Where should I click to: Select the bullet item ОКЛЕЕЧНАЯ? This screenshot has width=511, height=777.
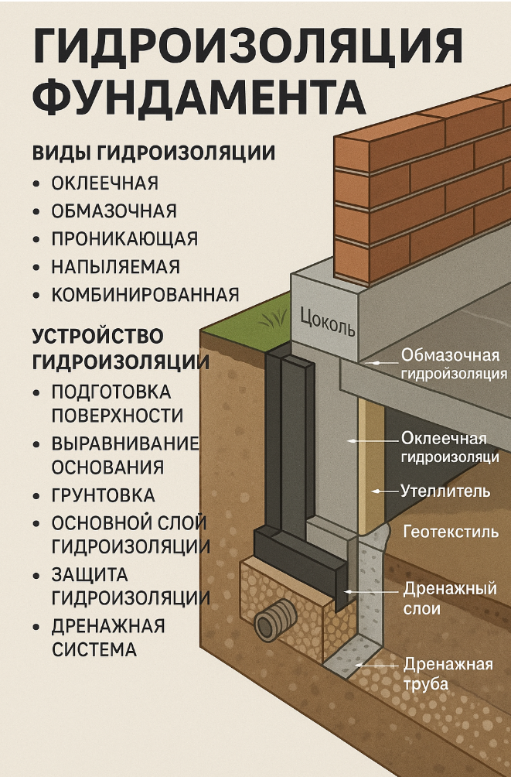click(x=104, y=183)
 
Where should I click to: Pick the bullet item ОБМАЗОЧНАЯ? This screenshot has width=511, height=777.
click(x=114, y=211)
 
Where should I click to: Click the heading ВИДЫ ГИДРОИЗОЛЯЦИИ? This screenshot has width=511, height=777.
click(x=153, y=152)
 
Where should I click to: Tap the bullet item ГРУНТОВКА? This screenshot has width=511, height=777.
click(x=103, y=495)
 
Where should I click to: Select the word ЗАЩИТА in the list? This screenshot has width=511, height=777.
click(x=89, y=575)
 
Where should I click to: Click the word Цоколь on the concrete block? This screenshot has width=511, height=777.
click(x=327, y=320)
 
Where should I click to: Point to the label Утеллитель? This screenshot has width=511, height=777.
click(x=445, y=491)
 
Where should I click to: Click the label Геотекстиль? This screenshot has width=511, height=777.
click(x=451, y=532)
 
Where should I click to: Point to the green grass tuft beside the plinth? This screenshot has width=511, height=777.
click(x=271, y=318)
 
